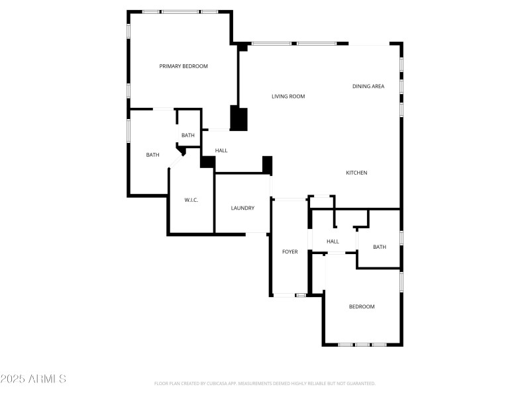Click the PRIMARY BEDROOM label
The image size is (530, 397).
pyautogui.click(x=184, y=66)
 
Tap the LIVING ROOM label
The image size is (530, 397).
pyautogui.click(x=288, y=97)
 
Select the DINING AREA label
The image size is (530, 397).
pyautogui.click(x=368, y=87)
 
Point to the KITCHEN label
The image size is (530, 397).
pyautogui.click(x=356, y=173)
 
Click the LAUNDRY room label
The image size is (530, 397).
pyautogui.click(x=242, y=208)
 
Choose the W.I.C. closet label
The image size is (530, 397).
pyautogui.click(x=191, y=200)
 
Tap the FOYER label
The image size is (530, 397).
pyautogui.click(x=290, y=252)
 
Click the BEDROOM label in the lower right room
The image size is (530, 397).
pyautogui.click(x=362, y=307)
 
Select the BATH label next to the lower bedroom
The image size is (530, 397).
pyautogui.click(x=379, y=247)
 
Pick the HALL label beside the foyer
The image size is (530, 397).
pyautogui.click(x=333, y=242)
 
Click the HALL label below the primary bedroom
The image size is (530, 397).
pyautogui.click(x=221, y=151)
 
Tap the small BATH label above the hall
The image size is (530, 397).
pyautogui.click(x=188, y=136)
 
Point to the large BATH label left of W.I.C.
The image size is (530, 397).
pyautogui.click(x=152, y=155)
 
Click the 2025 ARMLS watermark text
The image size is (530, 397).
pyautogui.click(x=33, y=379)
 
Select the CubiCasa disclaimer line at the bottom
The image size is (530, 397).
pyautogui.click(x=265, y=384)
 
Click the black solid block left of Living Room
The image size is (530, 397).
pyautogui.click(x=238, y=118)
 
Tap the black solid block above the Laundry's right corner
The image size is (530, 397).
pyautogui.click(x=267, y=165)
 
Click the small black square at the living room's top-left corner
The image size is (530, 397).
pyautogui.click(x=243, y=47)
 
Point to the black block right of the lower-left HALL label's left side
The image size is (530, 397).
pyautogui.click(x=207, y=162)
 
